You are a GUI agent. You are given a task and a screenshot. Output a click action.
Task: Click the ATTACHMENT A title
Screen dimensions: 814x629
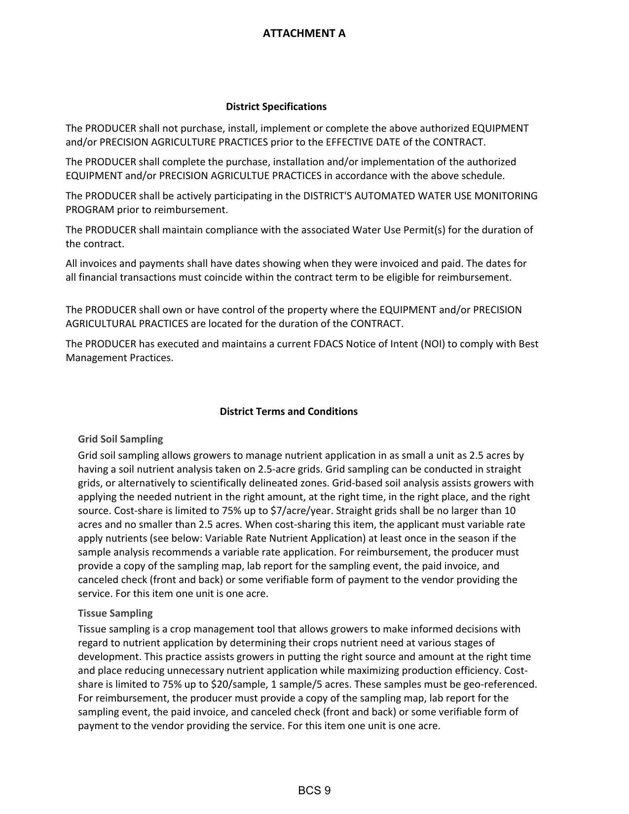(304, 34)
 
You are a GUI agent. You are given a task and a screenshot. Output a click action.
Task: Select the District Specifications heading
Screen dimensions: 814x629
(276, 107)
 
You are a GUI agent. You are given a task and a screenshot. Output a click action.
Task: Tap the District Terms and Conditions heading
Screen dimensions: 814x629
(289, 411)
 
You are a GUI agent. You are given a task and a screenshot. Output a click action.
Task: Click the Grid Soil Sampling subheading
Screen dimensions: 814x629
(120, 439)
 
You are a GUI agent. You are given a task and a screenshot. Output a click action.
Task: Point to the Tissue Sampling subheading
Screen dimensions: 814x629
(115, 613)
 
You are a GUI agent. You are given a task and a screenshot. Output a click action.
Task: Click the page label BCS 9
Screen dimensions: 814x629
(314, 791)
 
